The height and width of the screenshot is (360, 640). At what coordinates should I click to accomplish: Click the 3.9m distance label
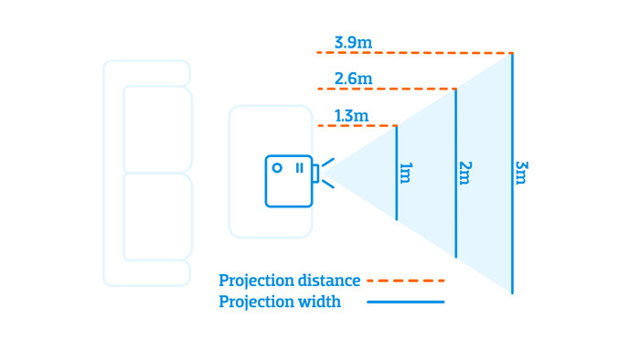click(353, 43)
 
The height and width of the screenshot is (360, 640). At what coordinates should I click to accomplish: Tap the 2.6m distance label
click(353, 79)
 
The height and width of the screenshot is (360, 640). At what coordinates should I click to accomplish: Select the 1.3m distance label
click(352, 116)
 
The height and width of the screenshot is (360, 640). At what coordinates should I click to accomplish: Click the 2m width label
click(464, 172)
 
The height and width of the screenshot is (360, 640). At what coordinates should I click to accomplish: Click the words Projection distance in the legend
click(289, 281)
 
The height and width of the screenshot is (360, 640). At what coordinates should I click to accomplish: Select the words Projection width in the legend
click(280, 302)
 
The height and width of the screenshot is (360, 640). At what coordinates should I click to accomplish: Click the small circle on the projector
click(277, 168)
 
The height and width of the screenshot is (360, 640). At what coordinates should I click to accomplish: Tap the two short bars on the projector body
click(299, 168)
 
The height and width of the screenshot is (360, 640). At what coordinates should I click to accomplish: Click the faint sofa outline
click(147, 174)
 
